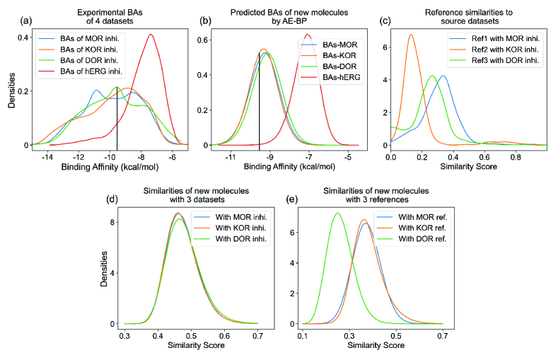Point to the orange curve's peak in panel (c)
coord(411,34)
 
